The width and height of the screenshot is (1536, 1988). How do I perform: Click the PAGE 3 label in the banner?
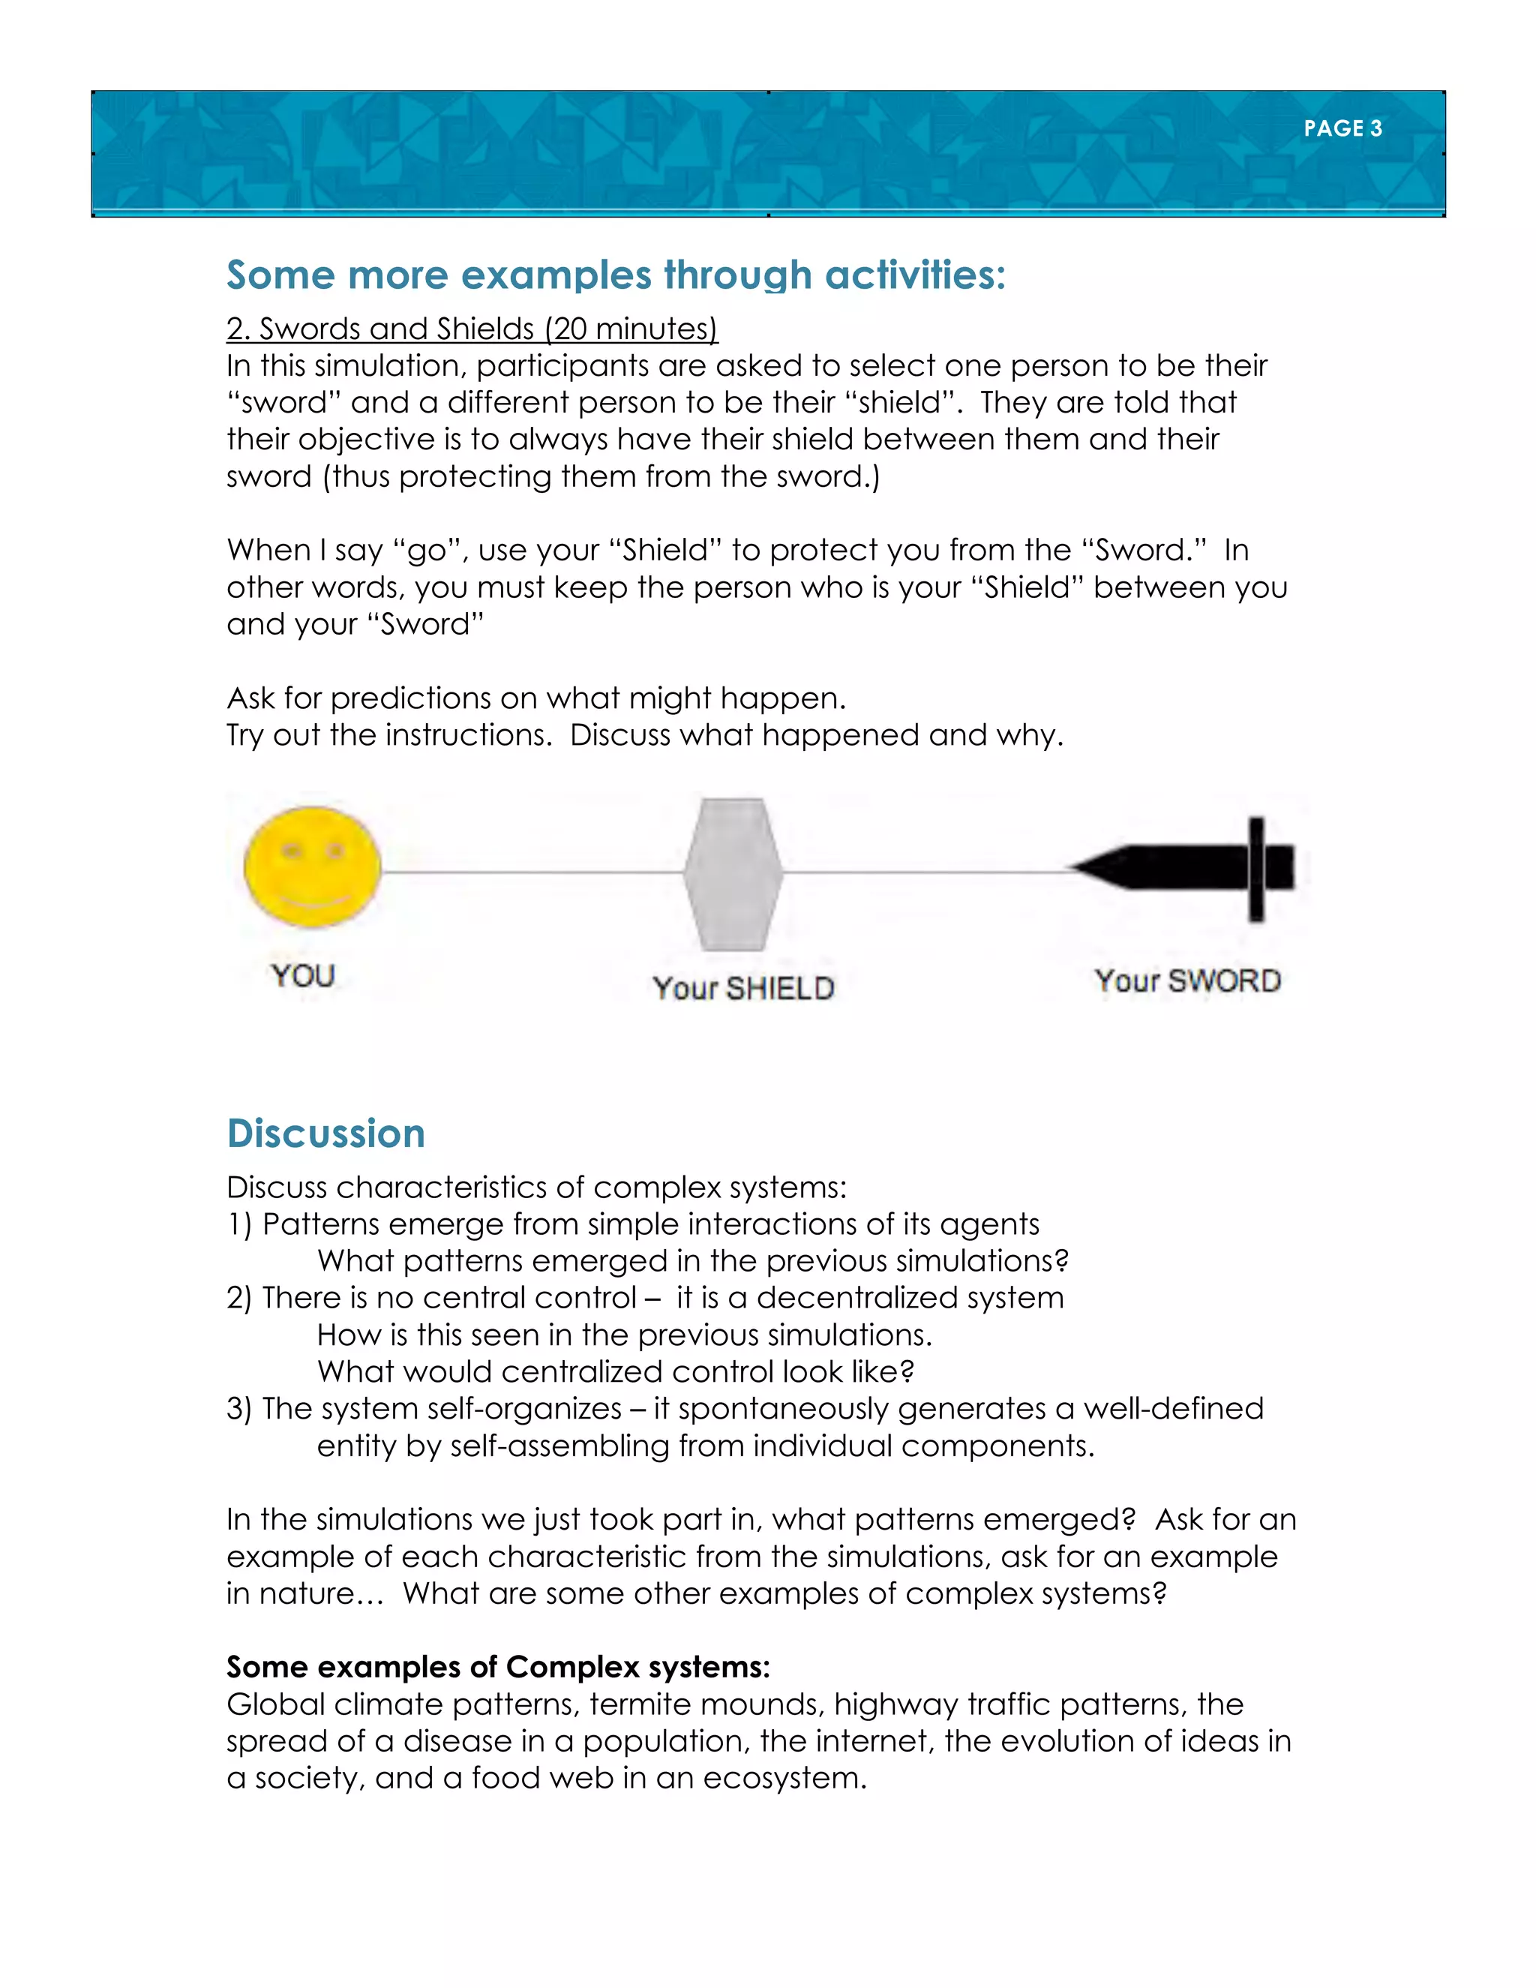(x=1342, y=128)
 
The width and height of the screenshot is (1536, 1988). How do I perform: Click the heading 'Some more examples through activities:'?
(x=616, y=275)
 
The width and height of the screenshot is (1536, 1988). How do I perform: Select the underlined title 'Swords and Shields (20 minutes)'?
(x=472, y=329)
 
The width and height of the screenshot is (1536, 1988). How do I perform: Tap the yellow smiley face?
(x=312, y=866)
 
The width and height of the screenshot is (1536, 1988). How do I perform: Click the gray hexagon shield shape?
(x=733, y=874)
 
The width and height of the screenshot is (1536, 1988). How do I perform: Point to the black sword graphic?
(x=1183, y=867)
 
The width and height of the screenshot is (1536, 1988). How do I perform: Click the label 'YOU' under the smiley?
(x=303, y=976)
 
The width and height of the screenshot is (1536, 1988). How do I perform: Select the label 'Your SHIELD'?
(x=743, y=988)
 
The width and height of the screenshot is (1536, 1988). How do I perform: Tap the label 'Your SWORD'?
(x=1187, y=980)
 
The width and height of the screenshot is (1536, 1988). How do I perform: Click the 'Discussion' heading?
(x=325, y=1134)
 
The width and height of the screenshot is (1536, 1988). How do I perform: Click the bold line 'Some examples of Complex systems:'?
(x=498, y=1667)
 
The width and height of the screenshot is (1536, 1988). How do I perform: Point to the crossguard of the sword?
(x=1257, y=869)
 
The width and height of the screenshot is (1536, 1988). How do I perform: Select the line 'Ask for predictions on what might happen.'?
(x=536, y=698)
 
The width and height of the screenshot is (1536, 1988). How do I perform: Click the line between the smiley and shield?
(x=532, y=872)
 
